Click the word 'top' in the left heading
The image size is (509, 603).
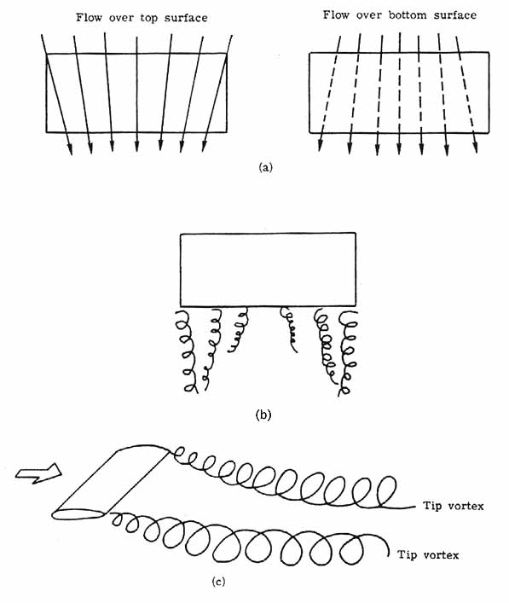click(x=148, y=19)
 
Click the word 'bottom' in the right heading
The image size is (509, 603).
click(x=408, y=15)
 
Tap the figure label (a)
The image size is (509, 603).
click(x=266, y=167)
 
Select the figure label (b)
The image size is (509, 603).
click(x=263, y=415)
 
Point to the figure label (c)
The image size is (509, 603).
click(x=218, y=582)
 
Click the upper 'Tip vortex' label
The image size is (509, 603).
click(x=454, y=505)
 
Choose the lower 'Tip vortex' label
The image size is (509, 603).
click(x=428, y=555)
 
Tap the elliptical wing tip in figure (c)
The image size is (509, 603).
click(x=79, y=514)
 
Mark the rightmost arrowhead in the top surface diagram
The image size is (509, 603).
click(x=205, y=146)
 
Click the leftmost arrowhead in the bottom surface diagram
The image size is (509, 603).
click(x=320, y=145)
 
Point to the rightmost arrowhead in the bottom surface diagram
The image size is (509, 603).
click(x=476, y=147)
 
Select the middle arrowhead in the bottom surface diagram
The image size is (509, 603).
click(x=399, y=148)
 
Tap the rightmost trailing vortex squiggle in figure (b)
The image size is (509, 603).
click(x=347, y=353)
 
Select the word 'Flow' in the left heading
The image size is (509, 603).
click(x=89, y=18)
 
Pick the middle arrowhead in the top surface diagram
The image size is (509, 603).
click(x=136, y=147)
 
